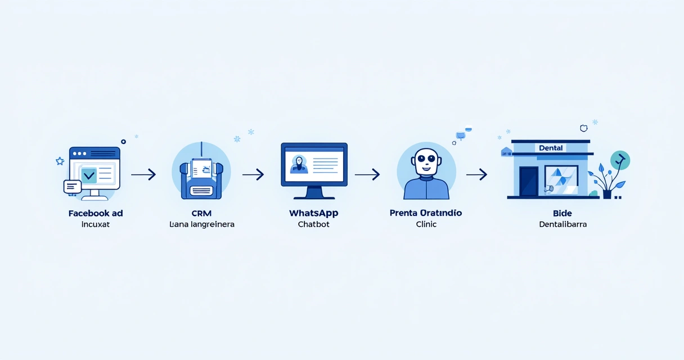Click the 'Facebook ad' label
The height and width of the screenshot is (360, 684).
coord(96,214)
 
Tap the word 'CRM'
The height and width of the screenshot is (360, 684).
coord(202,214)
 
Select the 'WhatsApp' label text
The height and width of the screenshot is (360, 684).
coord(314,214)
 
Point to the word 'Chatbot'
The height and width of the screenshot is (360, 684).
coord(314,224)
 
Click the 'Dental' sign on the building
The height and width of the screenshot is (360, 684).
coord(551,148)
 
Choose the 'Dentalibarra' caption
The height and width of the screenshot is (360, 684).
coord(562,224)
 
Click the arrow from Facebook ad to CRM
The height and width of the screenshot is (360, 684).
coord(143,174)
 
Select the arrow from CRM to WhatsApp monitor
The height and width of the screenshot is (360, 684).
coord(253,174)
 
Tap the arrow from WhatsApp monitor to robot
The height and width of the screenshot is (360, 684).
coord(367,174)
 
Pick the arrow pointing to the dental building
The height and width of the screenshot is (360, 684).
coord(476,174)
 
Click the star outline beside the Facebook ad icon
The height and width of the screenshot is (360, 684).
coord(60,161)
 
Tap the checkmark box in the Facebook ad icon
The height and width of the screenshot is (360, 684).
coord(89,175)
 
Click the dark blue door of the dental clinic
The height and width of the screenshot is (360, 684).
coord(529,181)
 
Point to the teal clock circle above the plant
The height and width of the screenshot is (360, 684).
coord(620,160)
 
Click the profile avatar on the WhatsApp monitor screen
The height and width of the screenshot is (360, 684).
coord(298,164)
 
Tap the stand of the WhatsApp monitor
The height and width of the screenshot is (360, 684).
coord(314,193)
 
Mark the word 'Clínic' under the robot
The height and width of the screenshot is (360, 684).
coord(426,224)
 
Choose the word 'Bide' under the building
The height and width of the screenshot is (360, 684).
coord(562,214)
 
